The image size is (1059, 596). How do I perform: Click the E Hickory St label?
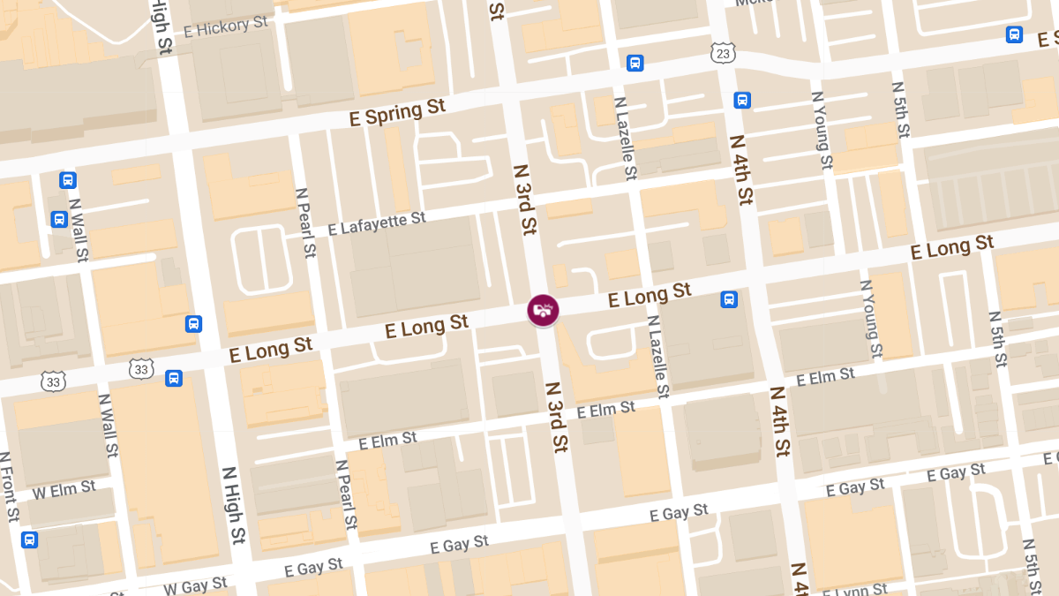(x=225, y=26)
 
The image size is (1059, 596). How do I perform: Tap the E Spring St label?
(x=397, y=112)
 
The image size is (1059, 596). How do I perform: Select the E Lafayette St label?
(x=377, y=223)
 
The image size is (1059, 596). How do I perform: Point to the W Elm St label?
(x=64, y=487)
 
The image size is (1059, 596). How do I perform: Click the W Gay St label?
(x=195, y=585)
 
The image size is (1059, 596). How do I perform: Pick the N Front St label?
(x=8, y=499)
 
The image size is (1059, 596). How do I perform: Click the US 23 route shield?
(x=723, y=54)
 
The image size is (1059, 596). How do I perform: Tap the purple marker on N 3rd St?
(x=543, y=310)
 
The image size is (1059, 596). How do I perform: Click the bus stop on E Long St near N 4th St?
(x=729, y=299)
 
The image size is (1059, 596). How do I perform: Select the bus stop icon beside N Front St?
(x=29, y=539)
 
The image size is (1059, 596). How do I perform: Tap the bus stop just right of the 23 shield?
(x=742, y=101)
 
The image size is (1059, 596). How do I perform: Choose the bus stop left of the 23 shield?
(x=635, y=63)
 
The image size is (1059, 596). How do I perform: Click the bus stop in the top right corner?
(x=1014, y=34)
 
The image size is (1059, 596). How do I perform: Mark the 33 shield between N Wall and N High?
(x=141, y=368)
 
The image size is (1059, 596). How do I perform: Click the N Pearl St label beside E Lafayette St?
(x=305, y=222)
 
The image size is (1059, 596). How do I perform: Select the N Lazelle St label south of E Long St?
(x=658, y=356)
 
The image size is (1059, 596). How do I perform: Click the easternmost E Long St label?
(x=952, y=246)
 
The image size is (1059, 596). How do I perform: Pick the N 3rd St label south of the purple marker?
(x=555, y=417)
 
